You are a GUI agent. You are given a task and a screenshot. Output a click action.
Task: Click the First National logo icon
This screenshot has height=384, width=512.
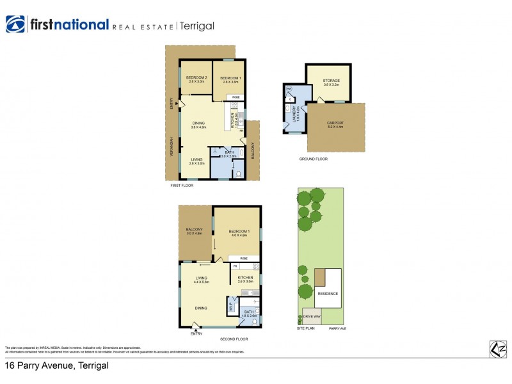tap(15, 25)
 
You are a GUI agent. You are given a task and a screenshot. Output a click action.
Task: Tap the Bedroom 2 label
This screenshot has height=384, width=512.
tap(195, 79)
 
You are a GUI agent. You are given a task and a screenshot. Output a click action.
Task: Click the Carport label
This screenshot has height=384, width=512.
tap(335, 124)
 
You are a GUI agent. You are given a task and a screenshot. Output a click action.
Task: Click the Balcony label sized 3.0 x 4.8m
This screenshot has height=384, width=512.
tap(194, 231)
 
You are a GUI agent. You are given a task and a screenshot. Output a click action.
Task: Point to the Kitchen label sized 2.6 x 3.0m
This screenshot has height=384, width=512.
tap(246, 279)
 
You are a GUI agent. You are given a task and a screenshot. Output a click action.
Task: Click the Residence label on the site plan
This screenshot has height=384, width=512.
tap(328, 294)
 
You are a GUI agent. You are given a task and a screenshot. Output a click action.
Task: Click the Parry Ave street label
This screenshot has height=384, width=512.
tap(337, 329)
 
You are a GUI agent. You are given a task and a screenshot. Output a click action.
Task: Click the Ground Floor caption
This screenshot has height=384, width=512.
tap(314, 159)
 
